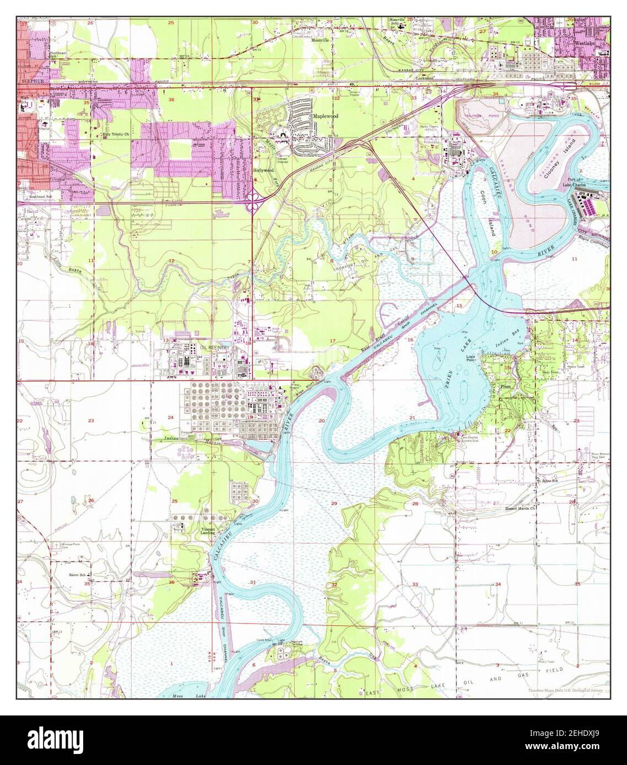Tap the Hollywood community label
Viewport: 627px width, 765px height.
tap(263, 171)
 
